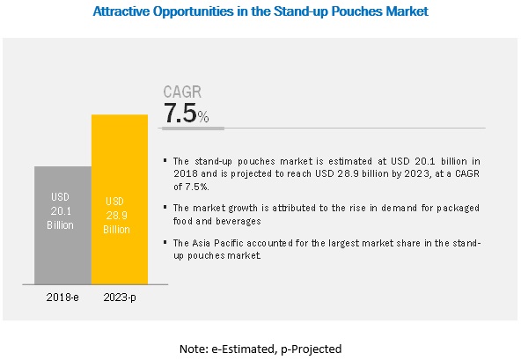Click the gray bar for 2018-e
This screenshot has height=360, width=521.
click(62, 225)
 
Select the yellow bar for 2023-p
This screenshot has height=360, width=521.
click(120, 200)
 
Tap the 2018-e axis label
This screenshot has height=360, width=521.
click(62, 297)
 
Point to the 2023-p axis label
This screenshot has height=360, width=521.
click(120, 298)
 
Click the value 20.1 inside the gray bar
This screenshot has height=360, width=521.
click(61, 210)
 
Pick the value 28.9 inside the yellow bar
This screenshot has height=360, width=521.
click(117, 216)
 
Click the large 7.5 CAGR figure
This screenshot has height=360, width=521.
click(180, 113)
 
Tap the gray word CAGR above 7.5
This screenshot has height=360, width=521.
click(182, 92)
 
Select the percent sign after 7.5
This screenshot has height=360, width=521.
click(203, 117)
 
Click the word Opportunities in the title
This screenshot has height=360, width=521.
click(193, 11)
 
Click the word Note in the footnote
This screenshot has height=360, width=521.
click(192, 349)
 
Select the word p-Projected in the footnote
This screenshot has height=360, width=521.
click(311, 349)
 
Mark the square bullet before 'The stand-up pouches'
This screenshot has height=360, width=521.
click(165, 160)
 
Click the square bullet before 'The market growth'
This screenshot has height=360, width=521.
click(165, 207)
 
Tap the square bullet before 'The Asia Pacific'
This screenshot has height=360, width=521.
click(165, 242)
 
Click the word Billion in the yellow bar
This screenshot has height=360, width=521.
click(116, 230)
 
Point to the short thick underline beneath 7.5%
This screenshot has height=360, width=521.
click(194, 129)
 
